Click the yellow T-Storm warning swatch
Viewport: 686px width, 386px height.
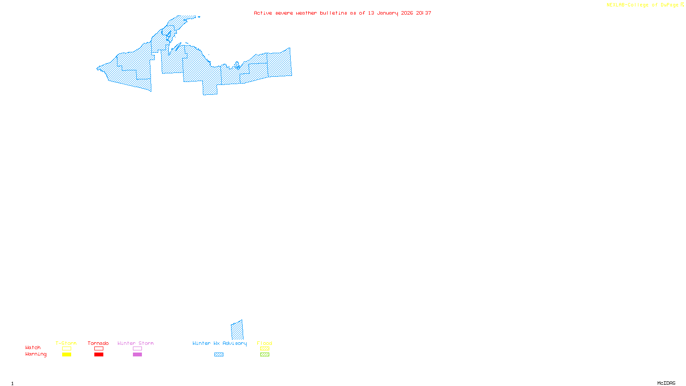click(x=66, y=355)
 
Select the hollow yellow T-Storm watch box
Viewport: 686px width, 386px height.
click(x=66, y=349)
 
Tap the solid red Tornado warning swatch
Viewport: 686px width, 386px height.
click(x=99, y=355)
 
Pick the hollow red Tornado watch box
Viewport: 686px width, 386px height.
click(x=99, y=349)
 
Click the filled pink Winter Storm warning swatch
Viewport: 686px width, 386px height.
click(x=137, y=355)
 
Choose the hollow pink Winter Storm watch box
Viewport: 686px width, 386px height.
click(x=137, y=349)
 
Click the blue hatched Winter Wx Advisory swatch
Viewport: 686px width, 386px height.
click(x=219, y=355)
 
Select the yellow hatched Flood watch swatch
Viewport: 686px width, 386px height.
click(x=265, y=349)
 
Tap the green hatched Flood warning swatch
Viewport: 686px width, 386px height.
click(x=265, y=355)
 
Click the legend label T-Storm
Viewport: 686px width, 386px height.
click(x=66, y=343)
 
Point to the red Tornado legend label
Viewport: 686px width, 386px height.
click(x=98, y=343)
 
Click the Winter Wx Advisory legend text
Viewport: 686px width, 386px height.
click(x=220, y=343)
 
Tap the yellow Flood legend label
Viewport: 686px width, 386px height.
click(x=265, y=343)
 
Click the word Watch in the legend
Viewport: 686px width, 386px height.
click(x=33, y=347)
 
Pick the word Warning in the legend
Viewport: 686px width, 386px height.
click(x=36, y=354)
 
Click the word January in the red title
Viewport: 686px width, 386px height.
click(x=388, y=13)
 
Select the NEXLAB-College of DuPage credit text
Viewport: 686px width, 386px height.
click(x=643, y=5)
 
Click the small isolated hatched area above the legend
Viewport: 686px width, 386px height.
click(x=237, y=330)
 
